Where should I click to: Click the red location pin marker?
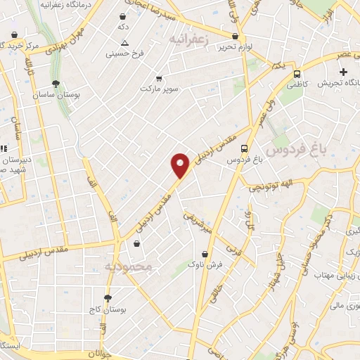click(x=181, y=166)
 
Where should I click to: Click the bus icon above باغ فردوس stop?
click(x=244, y=148)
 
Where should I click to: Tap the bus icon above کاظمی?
click(x=297, y=73)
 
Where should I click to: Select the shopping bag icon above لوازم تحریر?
click(x=235, y=37)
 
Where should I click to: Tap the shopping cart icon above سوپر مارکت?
click(x=160, y=78)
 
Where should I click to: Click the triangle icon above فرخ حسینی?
click(x=124, y=43)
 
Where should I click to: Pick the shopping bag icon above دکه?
click(x=124, y=16)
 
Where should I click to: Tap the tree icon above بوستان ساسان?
click(x=56, y=84)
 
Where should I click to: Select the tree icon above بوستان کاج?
click(x=108, y=298)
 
